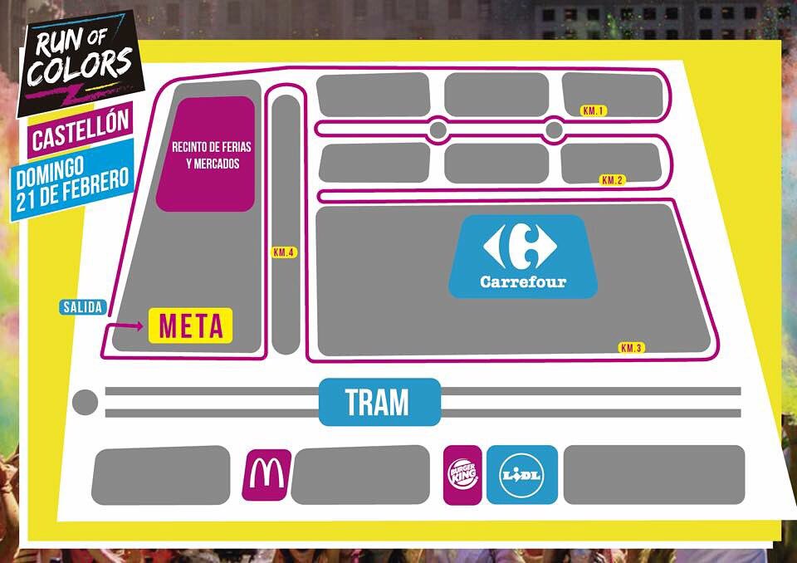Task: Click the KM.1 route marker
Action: [594, 110]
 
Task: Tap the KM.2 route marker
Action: [613, 180]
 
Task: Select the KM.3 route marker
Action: [632, 348]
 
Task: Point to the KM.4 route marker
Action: [284, 252]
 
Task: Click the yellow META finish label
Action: [191, 326]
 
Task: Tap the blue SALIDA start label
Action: [83, 307]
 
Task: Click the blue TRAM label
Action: [379, 403]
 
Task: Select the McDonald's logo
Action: [266, 475]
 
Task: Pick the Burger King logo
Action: [462, 475]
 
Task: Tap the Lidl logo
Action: [521, 475]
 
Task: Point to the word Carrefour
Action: [523, 282]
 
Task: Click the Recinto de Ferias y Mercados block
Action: [206, 154]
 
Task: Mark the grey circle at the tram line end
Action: [85, 403]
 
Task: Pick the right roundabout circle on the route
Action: [554, 130]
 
